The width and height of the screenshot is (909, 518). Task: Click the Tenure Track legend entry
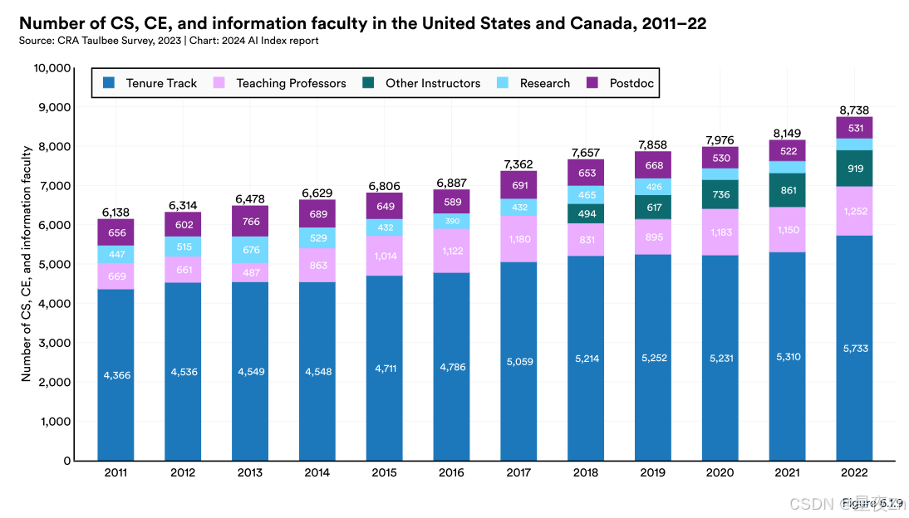coord(150,83)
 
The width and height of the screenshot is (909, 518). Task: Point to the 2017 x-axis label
coord(518,473)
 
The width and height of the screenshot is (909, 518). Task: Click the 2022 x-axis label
coord(854,473)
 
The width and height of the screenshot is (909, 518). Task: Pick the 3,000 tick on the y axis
coord(52,343)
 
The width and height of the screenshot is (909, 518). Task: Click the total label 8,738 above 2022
coord(854,110)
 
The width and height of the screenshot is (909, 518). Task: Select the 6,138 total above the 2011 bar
coord(115,213)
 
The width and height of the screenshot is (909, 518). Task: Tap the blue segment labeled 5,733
coord(854,349)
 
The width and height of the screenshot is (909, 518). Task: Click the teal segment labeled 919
coord(854,169)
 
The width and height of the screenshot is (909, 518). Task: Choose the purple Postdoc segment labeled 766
coord(250,221)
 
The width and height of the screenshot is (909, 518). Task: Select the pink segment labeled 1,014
coord(384,256)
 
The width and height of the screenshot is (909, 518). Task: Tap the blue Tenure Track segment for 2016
coord(451,366)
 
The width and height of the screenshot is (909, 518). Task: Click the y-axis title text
coord(27,263)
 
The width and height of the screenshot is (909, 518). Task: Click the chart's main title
coord(362,23)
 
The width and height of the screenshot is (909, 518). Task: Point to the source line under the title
coord(169,40)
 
